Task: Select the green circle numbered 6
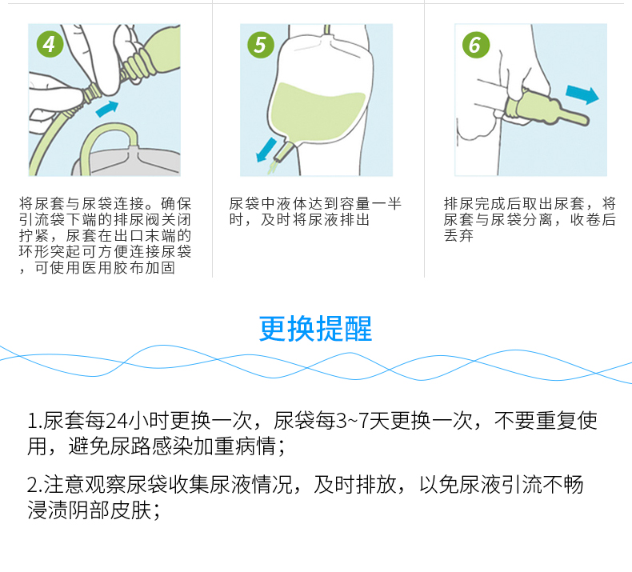[x=474, y=45]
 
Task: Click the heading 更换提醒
[x=315, y=329]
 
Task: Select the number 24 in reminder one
[x=117, y=422]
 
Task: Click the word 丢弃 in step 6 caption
[x=459, y=236]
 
